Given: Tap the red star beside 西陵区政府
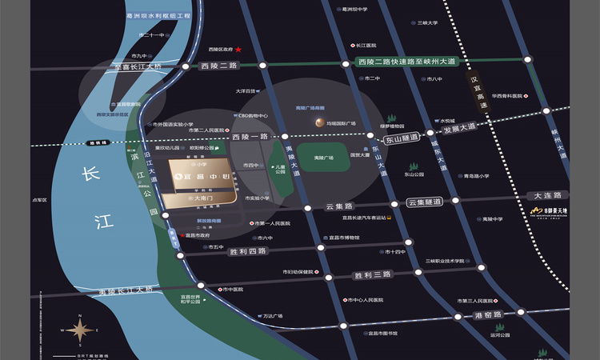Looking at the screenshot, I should coord(238,50).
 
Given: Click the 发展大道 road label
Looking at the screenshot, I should coord(458,127).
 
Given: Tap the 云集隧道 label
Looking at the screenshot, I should coord(424,202).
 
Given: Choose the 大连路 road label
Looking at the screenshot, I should coord(548,195).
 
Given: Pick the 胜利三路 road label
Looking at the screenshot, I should coord(372,274).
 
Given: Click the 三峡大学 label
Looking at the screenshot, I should coord(428,22).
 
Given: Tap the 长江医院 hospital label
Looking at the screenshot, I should coord(366,46).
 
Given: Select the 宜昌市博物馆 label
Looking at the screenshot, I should coord(345,238).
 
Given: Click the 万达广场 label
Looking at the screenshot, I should coord(273,316).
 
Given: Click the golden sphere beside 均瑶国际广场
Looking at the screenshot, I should coord(314,122).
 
